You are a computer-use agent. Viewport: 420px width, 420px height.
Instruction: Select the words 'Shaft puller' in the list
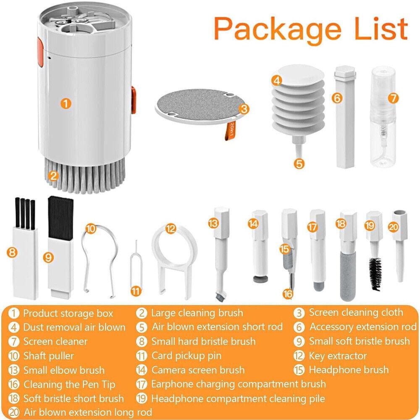click(x=48, y=356)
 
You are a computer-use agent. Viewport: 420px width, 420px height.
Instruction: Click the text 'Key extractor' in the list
click(x=338, y=356)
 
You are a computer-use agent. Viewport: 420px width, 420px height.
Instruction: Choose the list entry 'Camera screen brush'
click(x=198, y=370)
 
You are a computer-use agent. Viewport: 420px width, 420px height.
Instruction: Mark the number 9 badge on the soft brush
click(x=49, y=258)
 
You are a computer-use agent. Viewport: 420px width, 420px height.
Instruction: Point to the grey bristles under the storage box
click(x=84, y=172)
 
